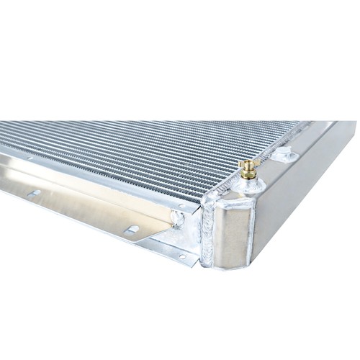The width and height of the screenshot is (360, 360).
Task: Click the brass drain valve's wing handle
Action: [248, 165]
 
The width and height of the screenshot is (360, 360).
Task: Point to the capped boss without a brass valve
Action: [284, 153]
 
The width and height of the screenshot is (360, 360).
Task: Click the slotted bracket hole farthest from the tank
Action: [34, 192]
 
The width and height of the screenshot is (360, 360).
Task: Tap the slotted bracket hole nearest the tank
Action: [131, 230]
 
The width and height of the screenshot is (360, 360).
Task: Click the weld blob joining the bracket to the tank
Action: [176, 218]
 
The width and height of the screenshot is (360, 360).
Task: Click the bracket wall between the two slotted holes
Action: [83, 210]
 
